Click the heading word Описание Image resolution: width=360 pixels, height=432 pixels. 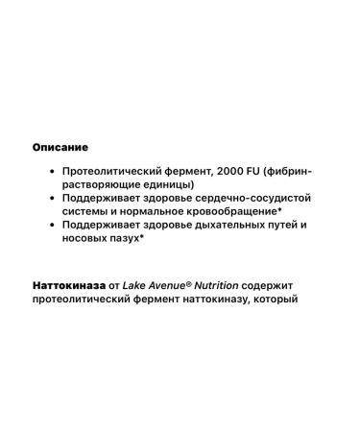[x=60, y=148]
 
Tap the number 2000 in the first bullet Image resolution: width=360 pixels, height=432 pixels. [x=210, y=169]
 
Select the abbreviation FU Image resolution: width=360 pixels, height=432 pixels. [x=239, y=169]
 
